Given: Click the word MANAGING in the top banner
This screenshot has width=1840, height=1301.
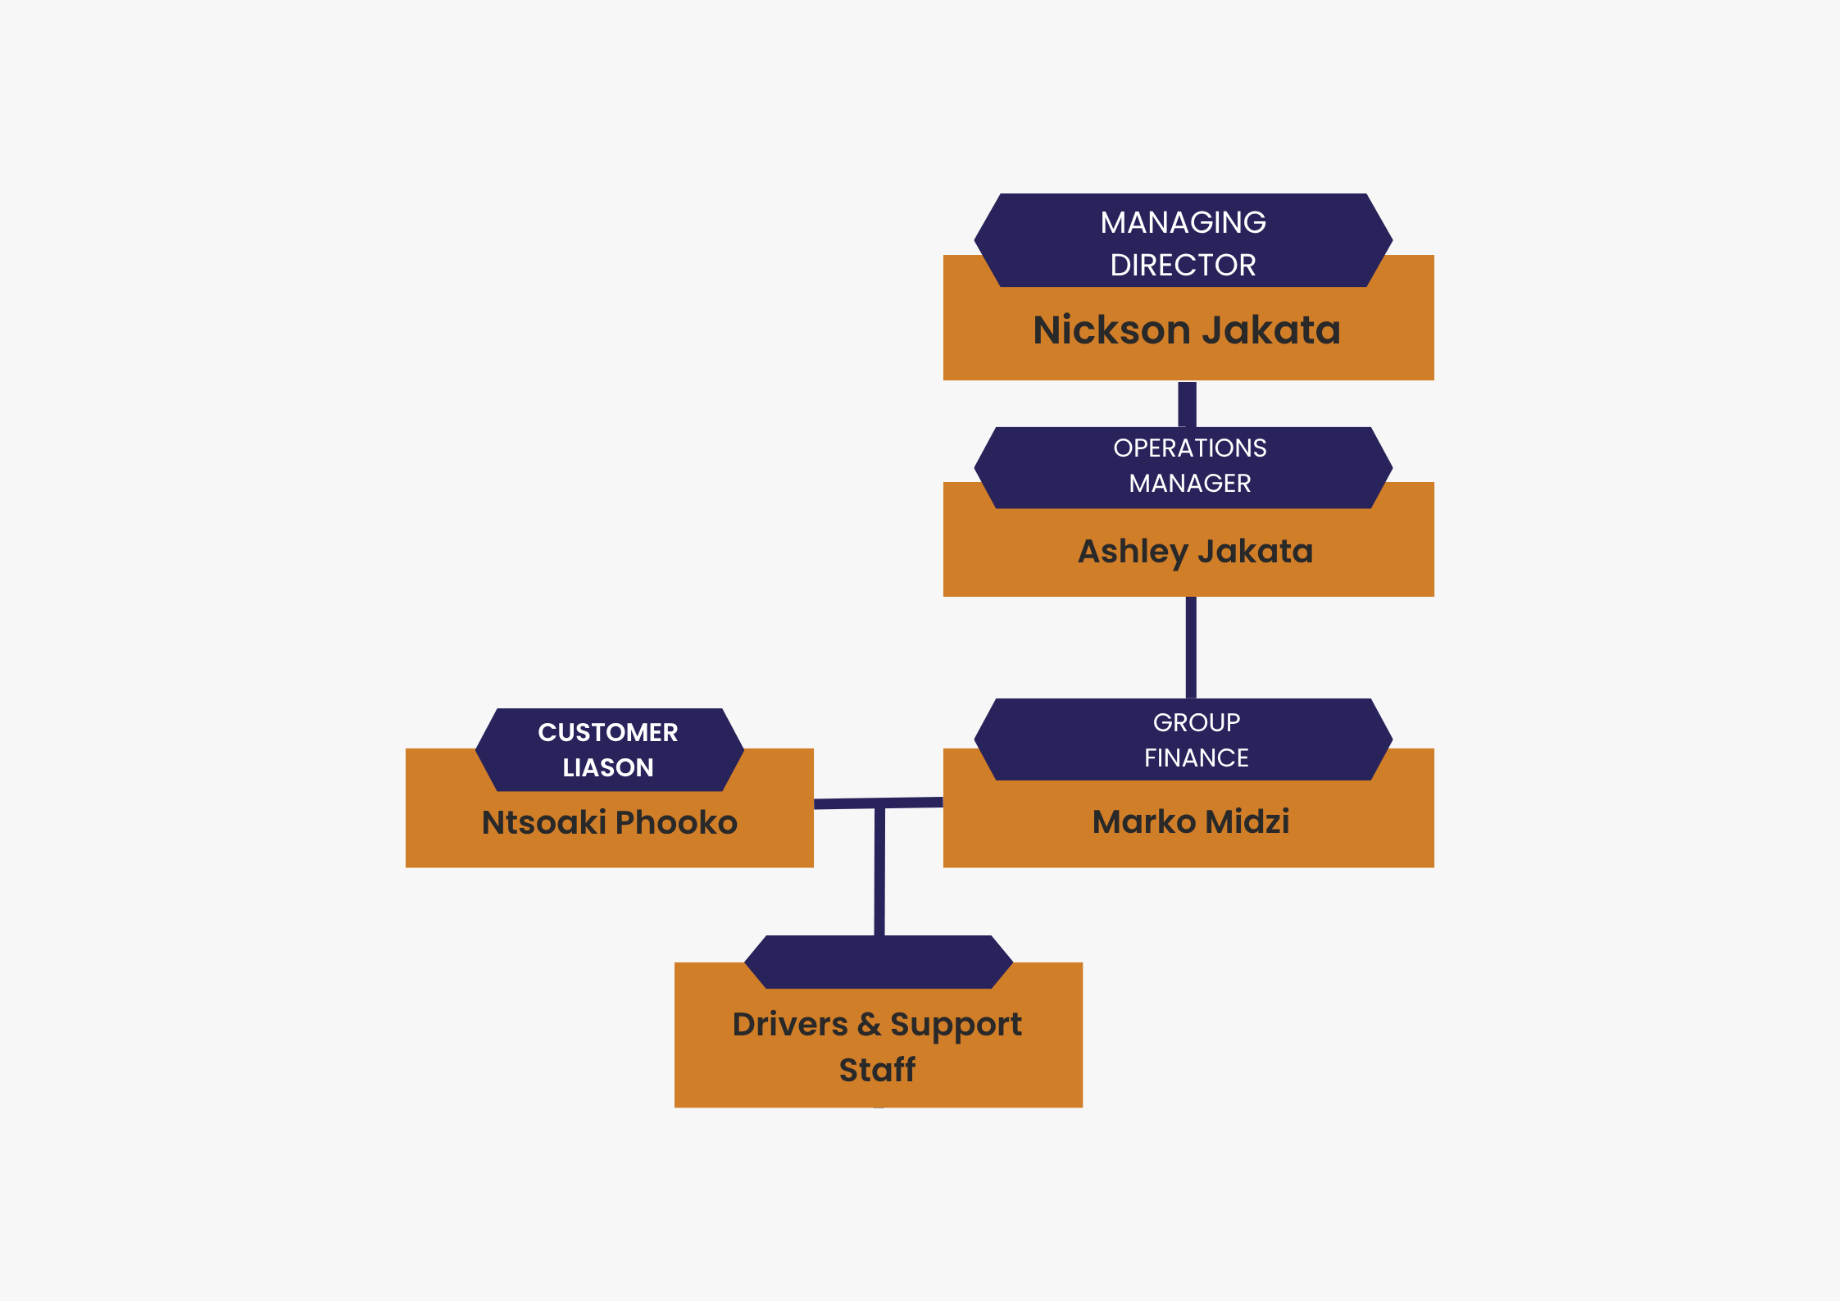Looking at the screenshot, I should [1183, 223].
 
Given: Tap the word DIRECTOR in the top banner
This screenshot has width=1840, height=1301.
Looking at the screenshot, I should [1183, 266].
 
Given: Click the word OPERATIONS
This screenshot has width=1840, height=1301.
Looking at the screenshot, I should [1189, 448].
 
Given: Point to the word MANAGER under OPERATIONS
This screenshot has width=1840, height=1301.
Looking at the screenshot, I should [1189, 484].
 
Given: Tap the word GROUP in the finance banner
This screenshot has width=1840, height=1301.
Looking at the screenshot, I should [1196, 723].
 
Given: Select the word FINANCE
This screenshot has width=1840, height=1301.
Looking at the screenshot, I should [1196, 758].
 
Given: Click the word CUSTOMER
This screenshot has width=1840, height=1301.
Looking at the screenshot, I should [607, 733].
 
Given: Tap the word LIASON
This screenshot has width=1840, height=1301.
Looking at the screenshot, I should [607, 768].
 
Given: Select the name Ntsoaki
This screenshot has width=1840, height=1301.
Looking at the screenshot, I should [543, 823].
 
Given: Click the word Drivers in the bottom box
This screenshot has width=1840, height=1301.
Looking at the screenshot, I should [790, 1025].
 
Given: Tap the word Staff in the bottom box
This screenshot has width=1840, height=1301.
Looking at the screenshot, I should [877, 1071].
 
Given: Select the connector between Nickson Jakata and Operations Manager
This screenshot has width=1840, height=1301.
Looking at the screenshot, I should [1187, 404].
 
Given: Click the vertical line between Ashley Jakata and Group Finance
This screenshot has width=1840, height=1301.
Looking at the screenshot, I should [1191, 648].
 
